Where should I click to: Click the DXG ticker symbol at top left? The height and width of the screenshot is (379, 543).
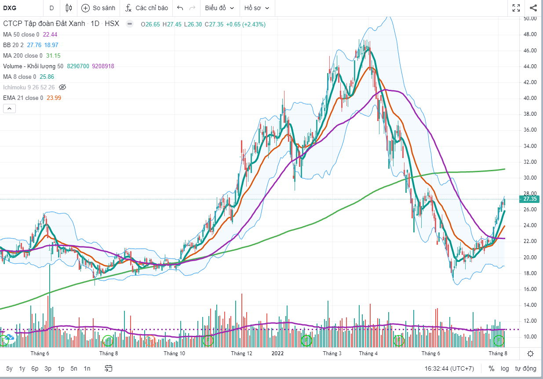click(10, 8)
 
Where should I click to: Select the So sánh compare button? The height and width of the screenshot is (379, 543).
click(98, 8)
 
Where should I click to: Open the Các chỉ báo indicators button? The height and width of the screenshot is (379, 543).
click(147, 8)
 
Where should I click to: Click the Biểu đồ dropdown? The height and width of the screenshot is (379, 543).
click(219, 8)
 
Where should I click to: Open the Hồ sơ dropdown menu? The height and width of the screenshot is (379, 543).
click(257, 8)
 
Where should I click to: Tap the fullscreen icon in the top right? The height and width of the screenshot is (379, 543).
click(516, 8)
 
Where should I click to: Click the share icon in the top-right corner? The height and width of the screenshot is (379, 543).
click(533, 8)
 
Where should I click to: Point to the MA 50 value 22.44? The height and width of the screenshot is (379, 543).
click(50, 34)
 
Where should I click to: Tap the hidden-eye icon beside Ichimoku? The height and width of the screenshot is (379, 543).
click(62, 87)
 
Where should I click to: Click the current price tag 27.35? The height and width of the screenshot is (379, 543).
click(530, 199)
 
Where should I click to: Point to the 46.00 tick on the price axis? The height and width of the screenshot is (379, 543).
click(530, 51)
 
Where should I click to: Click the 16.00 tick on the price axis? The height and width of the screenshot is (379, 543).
click(530, 289)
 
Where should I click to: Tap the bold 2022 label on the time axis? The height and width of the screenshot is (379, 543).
click(277, 353)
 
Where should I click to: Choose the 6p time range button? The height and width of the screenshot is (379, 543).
click(35, 368)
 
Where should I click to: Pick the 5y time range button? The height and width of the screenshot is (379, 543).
click(9, 368)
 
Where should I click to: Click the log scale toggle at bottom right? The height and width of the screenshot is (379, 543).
click(505, 368)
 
